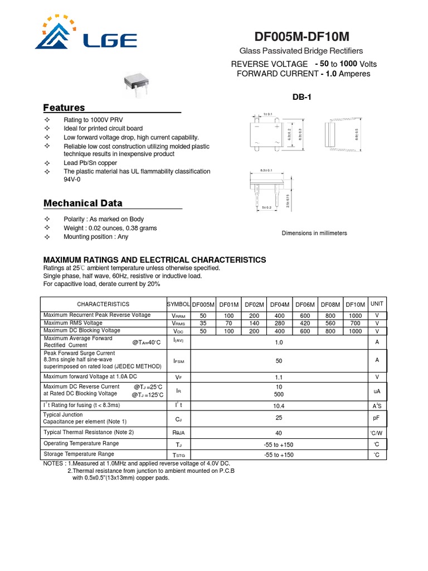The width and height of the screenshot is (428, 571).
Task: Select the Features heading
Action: tap(64, 108)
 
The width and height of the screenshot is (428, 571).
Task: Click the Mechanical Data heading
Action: tap(82, 203)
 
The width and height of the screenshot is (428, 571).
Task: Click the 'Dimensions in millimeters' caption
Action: tap(314, 233)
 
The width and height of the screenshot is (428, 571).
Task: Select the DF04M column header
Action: tap(279, 304)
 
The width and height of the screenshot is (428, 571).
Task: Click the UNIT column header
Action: tap(377, 304)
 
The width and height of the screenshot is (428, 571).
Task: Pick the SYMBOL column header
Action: tap(178, 304)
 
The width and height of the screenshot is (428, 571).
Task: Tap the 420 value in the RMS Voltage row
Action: tap(305, 323)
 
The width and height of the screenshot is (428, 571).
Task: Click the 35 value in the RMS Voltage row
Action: tap(203, 323)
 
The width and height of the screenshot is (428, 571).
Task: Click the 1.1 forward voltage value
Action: tap(279, 377)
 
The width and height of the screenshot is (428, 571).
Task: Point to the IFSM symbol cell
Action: tap(178, 360)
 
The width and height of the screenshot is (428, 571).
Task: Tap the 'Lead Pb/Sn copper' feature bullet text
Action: tap(90, 163)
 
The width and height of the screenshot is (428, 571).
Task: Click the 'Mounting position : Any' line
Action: tap(96, 237)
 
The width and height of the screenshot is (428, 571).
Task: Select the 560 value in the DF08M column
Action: tap(330, 323)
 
